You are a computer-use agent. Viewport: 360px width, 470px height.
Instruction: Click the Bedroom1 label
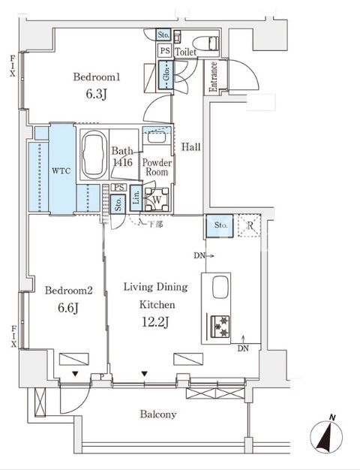tap(97, 77)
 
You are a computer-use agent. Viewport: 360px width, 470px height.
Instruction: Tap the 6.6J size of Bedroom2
tap(68, 308)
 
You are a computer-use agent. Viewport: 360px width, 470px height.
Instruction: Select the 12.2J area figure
tap(155, 322)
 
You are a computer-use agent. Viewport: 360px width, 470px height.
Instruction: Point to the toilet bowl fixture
tap(206, 43)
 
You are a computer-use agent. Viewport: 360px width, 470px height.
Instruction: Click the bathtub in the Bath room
tap(94, 155)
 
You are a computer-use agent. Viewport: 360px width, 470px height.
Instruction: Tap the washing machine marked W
tap(157, 199)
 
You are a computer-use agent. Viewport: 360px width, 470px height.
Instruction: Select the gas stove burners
tap(220, 326)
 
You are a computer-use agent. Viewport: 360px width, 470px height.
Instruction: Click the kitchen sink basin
tap(221, 287)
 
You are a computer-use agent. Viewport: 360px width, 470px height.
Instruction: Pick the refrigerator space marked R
tap(250, 226)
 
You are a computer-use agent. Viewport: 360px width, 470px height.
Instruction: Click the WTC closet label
tap(61, 171)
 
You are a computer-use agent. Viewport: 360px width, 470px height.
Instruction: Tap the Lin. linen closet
tap(136, 198)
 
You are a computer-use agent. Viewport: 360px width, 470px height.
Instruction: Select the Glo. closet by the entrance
tap(166, 75)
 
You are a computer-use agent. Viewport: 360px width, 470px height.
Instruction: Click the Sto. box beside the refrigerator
tap(220, 226)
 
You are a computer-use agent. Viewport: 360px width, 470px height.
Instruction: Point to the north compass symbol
tap(326, 435)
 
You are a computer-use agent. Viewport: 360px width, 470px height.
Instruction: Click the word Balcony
tap(158, 414)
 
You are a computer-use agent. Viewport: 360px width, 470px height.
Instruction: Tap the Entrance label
tap(213, 77)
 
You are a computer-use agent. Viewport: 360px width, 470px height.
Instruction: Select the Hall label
tap(191, 147)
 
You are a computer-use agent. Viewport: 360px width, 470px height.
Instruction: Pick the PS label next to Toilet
tap(164, 50)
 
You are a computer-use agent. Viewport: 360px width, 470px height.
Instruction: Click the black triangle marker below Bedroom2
tap(75, 374)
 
